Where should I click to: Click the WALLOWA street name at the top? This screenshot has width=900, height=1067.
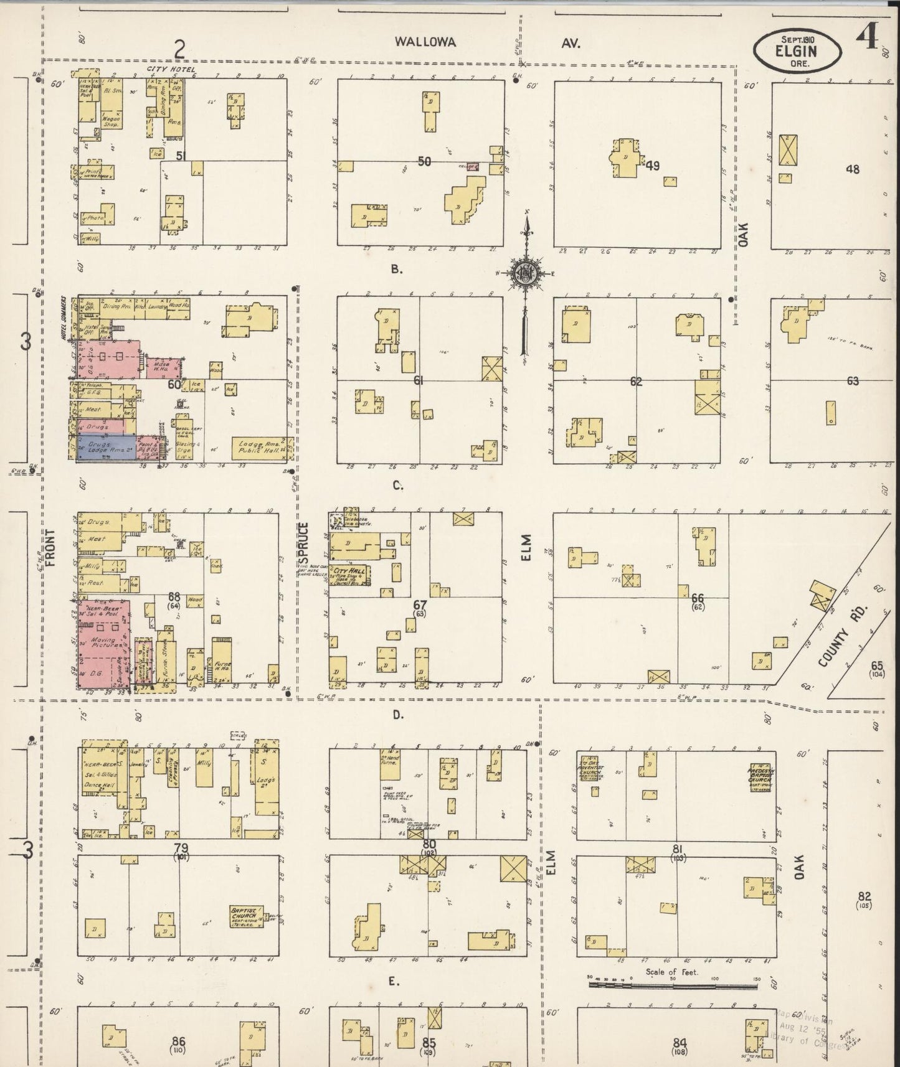[x=425, y=42]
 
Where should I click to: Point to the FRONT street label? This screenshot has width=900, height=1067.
[x=50, y=548]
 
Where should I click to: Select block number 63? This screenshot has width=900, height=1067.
[x=852, y=381]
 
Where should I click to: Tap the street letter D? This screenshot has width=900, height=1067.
[x=399, y=715]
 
